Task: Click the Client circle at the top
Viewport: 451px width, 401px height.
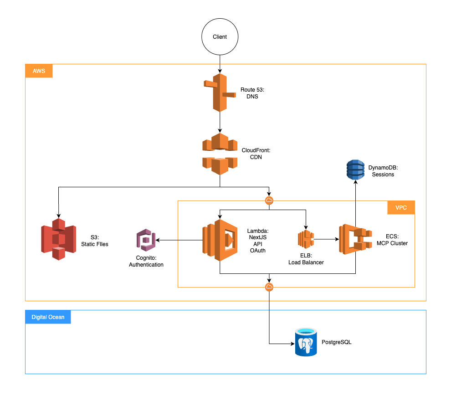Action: coord(220,37)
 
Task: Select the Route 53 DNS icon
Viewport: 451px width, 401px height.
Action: coord(220,93)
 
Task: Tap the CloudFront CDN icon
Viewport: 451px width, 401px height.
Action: coord(220,154)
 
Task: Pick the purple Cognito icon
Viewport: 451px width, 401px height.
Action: coord(146,241)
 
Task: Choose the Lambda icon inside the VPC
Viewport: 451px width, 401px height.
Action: coord(220,240)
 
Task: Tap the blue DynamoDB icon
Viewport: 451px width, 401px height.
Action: coord(356,170)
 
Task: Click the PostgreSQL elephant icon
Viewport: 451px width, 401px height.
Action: coord(306,342)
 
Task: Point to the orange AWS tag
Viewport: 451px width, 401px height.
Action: coord(39,71)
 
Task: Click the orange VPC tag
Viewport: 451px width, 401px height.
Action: coord(401,207)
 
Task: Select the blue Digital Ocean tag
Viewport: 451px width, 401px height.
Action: coord(48,317)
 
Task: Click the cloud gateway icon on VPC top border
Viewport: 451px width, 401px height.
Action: coord(269,200)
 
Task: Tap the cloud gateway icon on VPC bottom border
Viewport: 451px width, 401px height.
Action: coord(269,287)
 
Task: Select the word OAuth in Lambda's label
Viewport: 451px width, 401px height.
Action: coord(258,250)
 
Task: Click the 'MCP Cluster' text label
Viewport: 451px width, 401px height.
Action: coord(392,243)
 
